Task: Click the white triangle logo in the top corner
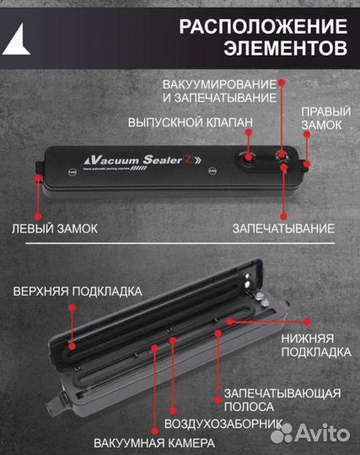click(19, 37)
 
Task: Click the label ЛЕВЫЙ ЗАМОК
click(55, 228)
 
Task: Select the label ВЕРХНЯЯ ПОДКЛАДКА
click(77, 292)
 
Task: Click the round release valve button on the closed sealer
click(247, 157)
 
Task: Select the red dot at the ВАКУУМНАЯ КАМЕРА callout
click(155, 346)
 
